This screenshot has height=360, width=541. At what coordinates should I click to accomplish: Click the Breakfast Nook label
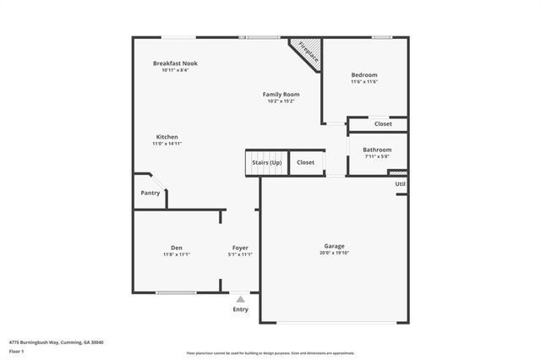175,63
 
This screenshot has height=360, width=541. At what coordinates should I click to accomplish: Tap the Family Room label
281,94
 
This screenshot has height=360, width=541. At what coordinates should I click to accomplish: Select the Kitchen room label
167,137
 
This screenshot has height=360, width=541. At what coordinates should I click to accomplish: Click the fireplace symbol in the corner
307,55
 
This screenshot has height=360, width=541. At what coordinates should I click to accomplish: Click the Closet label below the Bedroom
383,124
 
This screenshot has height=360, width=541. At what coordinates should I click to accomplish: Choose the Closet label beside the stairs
305,162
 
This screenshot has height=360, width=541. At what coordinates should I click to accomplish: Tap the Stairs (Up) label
264,162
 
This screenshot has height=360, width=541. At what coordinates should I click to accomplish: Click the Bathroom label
377,150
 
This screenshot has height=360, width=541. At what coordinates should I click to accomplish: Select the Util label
400,183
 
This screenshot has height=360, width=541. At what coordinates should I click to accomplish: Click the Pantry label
150,193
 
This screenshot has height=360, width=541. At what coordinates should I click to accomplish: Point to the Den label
176,248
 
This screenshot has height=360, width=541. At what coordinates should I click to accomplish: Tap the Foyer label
242,248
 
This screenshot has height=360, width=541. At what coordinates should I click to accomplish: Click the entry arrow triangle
241,298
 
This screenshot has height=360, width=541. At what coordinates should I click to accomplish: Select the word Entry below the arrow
241,309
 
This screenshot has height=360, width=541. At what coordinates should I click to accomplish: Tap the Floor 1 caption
16,350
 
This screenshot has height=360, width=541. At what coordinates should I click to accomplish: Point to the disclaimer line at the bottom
270,353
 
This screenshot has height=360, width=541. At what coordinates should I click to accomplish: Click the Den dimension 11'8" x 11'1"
176,254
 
